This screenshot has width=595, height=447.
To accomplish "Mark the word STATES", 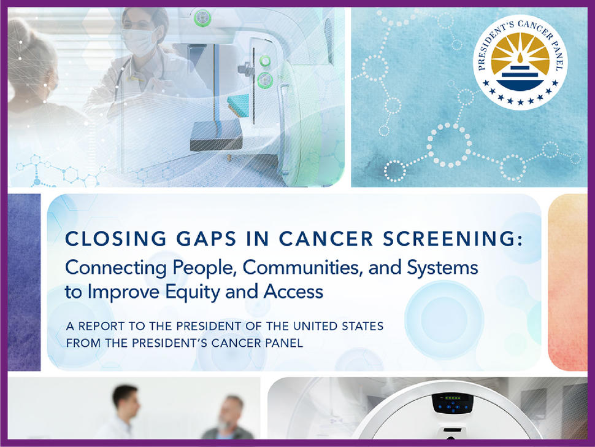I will point(362,326).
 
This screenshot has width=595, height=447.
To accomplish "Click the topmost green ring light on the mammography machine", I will point(201,20).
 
